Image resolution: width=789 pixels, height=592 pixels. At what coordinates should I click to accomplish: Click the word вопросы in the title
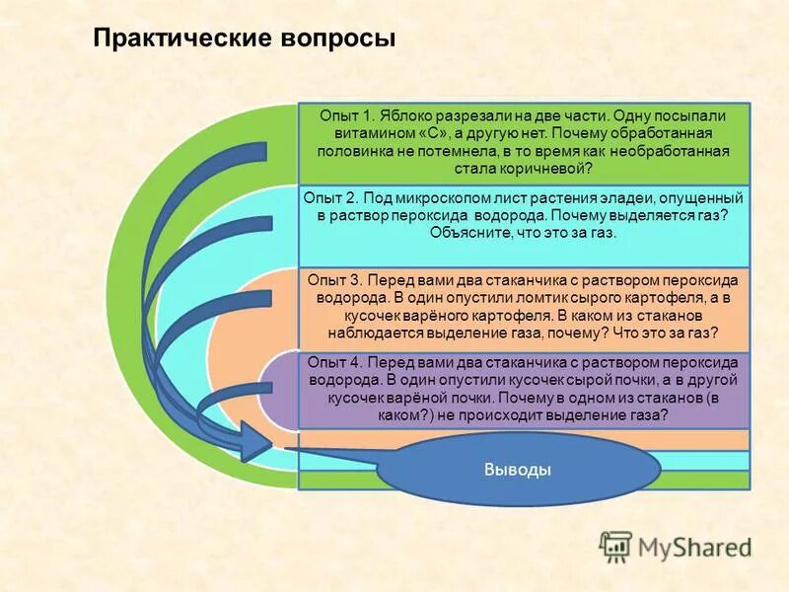tap(339, 39)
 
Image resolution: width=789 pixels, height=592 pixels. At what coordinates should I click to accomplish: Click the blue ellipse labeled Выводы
tap(518, 470)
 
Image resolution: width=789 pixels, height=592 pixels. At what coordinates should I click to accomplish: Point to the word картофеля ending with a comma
tap(670, 297)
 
